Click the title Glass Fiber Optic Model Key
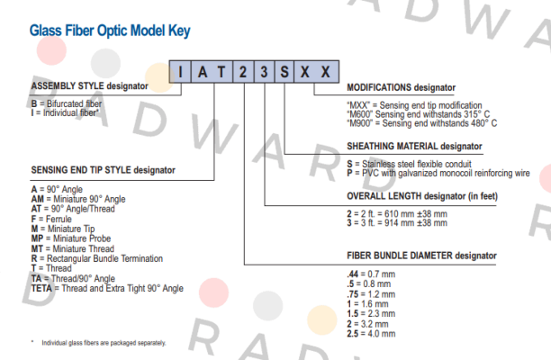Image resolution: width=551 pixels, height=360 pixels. [110, 31]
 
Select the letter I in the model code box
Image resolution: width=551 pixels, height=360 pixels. [180, 72]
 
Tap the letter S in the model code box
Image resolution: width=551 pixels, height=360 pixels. [285, 72]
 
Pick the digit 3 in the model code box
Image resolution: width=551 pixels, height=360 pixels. [264, 72]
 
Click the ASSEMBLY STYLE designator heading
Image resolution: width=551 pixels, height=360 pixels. [90, 86]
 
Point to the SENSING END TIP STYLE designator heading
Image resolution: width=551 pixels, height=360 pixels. [103, 170]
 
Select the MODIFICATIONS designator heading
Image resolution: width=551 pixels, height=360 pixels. [401, 87]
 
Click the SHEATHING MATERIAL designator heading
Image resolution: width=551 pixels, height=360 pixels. [414, 146]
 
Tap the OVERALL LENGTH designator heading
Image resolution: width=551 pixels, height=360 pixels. [422, 196]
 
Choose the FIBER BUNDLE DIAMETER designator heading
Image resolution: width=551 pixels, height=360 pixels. [421, 256]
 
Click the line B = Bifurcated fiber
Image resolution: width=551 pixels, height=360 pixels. [67, 104]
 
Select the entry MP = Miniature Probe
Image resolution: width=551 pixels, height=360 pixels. [71, 238]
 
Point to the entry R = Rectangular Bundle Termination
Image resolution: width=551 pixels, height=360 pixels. [97, 258]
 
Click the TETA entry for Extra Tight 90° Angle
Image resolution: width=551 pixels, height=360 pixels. [107, 288]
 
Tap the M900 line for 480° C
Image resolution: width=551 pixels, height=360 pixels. [421, 123]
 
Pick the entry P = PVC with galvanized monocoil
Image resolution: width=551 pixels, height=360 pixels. [438, 173]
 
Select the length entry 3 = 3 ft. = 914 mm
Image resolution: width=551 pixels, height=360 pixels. [397, 223]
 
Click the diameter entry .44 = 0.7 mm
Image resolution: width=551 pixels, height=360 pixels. [371, 274]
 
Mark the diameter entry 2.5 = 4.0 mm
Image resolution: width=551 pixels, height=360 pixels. [371, 333]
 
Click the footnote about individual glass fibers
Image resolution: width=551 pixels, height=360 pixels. [99, 343]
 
